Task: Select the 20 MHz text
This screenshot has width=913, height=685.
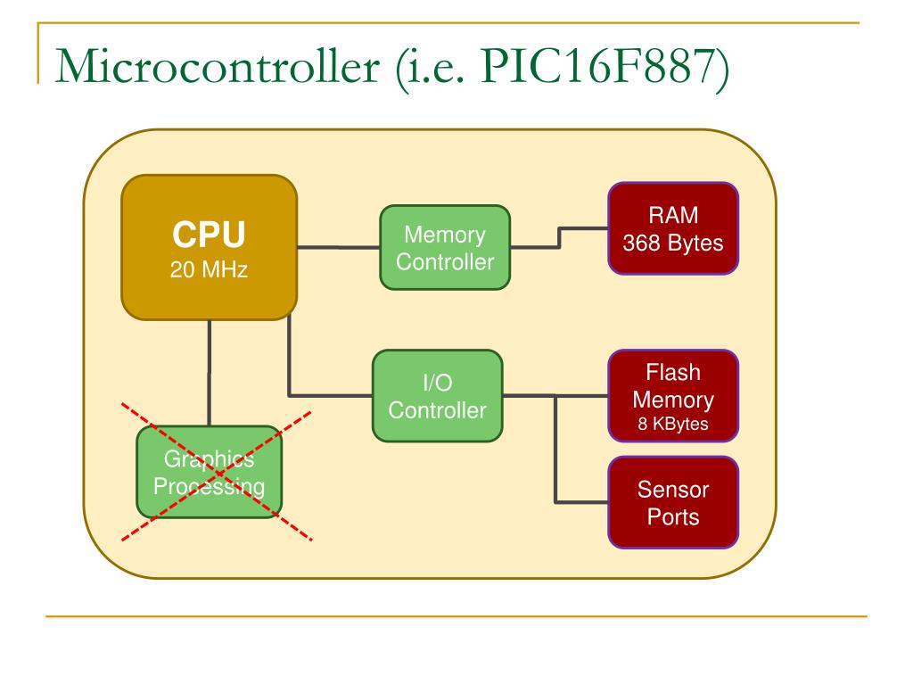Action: (209, 268)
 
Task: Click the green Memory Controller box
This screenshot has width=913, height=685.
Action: (445, 248)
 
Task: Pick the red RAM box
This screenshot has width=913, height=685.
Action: (673, 228)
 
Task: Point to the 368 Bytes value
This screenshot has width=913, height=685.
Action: (673, 243)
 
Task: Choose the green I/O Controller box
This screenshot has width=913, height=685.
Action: (437, 396)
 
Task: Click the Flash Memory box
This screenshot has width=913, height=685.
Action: (673, 395)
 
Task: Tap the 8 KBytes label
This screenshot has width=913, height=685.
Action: (673, 425)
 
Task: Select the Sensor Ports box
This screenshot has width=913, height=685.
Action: (673, 502)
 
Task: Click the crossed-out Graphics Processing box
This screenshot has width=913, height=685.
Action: (209, 473)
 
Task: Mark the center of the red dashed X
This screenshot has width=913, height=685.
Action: (217, 474)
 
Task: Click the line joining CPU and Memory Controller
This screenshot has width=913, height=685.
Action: (339, 247)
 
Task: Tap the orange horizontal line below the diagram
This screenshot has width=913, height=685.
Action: (456, 615)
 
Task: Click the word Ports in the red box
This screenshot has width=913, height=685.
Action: (673, 516)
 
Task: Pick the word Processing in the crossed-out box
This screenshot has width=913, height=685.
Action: (209, 487)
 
